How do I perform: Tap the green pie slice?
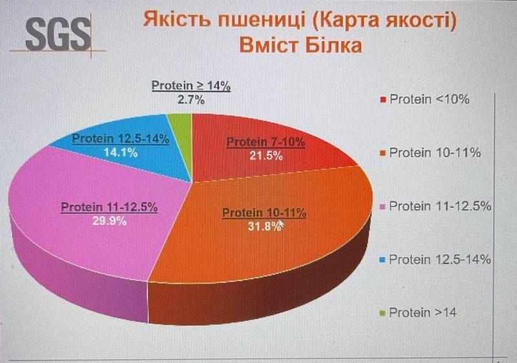tap(181, 121)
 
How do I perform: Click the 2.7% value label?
tap(191, 99)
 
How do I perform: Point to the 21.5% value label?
tap(266, 156)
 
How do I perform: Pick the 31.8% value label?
tap(261, 225)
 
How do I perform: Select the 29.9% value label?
tap(109, 220)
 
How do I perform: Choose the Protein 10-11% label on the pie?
tap(264, 213)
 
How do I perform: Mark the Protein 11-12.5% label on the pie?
tap(109, 207)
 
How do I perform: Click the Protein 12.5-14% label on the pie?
tap(120, 138)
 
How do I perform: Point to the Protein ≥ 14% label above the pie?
tap(191, 86)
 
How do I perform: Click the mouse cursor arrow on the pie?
tap(280, 224)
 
